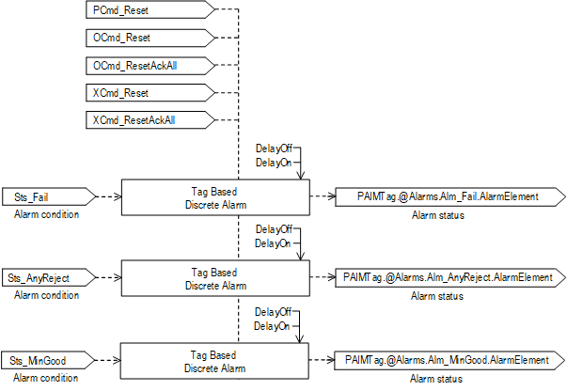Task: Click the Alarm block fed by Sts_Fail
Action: [215, 196]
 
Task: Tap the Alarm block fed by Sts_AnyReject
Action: [215, 278]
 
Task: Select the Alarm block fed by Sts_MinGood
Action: [215, 360]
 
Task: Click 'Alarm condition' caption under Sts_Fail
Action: [47, 215]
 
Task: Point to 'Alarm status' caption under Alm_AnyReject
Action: [437, 297]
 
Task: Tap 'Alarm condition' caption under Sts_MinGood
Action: [47, 379]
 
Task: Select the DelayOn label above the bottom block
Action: [273, 325]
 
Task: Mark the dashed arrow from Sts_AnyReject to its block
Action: [109, 278]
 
